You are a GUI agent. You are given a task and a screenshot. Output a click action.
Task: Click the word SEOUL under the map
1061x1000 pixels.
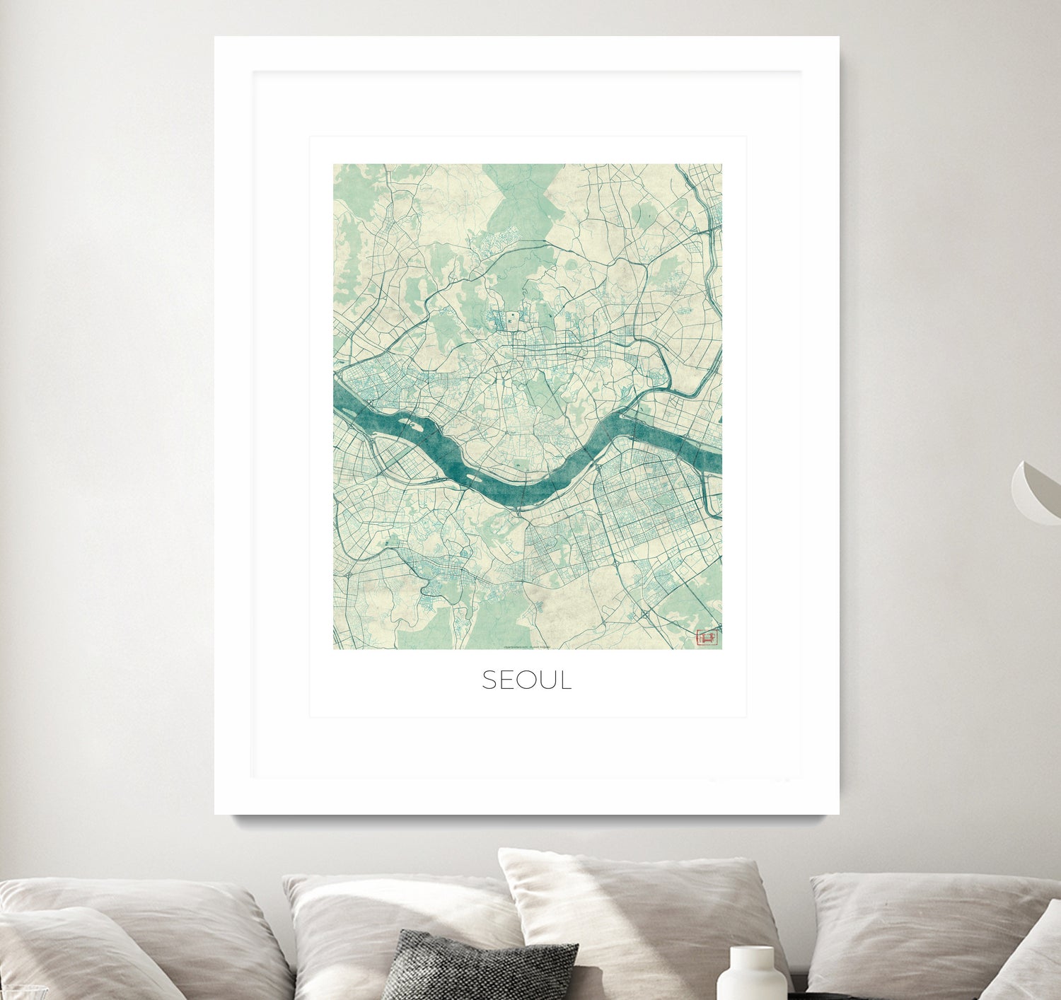[527, 680]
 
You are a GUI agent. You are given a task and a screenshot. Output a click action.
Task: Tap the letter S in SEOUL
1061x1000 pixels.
[492, 680]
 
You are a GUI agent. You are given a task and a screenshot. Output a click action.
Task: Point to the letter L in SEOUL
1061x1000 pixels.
[565, 680]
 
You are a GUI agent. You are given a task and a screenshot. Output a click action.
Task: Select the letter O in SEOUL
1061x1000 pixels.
[527, 680]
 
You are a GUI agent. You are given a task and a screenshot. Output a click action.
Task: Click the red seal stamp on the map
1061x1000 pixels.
[707, 638]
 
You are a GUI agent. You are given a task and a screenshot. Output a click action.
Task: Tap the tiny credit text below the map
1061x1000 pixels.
[527, 646]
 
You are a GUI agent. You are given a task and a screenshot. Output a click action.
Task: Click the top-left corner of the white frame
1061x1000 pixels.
[216, 38]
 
